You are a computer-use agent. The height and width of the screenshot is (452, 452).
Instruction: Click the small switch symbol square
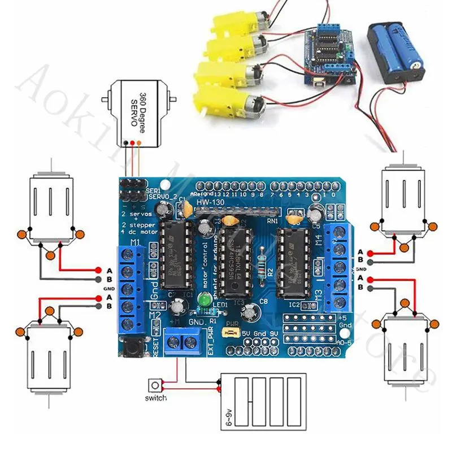[154, 386]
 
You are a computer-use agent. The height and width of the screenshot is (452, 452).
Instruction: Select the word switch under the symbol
[155, 398]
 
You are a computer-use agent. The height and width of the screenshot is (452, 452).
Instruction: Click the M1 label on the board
[136, 244]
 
